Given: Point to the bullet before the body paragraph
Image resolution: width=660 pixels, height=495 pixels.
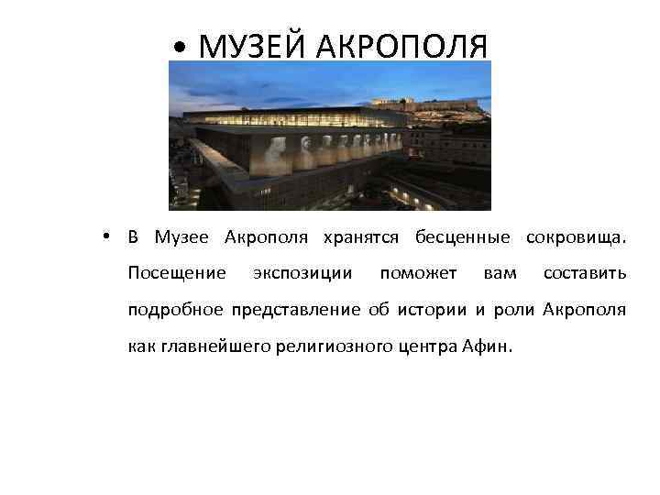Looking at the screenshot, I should click(x=107, y=237).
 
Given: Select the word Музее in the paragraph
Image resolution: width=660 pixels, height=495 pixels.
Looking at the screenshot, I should click(x=182, y=238).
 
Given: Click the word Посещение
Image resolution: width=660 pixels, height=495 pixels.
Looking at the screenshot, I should click(x=177, y=273).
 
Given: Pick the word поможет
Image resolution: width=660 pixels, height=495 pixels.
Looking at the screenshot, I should click(x=418, y=273).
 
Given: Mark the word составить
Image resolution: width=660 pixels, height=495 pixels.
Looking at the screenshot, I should click(x=585, y=273).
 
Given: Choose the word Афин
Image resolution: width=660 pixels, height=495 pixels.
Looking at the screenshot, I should click(x=493, y=346).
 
